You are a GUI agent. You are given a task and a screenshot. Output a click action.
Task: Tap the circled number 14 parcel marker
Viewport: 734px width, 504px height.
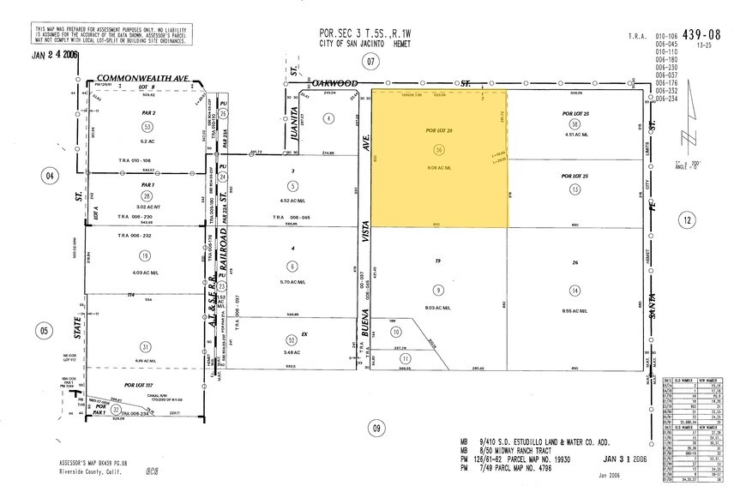[x=574, y=291]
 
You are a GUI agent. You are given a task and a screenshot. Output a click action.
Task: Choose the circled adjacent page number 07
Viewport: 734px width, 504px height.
[x=370, y=61]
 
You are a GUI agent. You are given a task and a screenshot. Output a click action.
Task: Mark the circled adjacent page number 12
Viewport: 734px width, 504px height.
[x=688, y=220]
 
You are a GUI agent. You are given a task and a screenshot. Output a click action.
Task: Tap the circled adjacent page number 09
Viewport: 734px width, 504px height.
[x=374, y=428]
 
